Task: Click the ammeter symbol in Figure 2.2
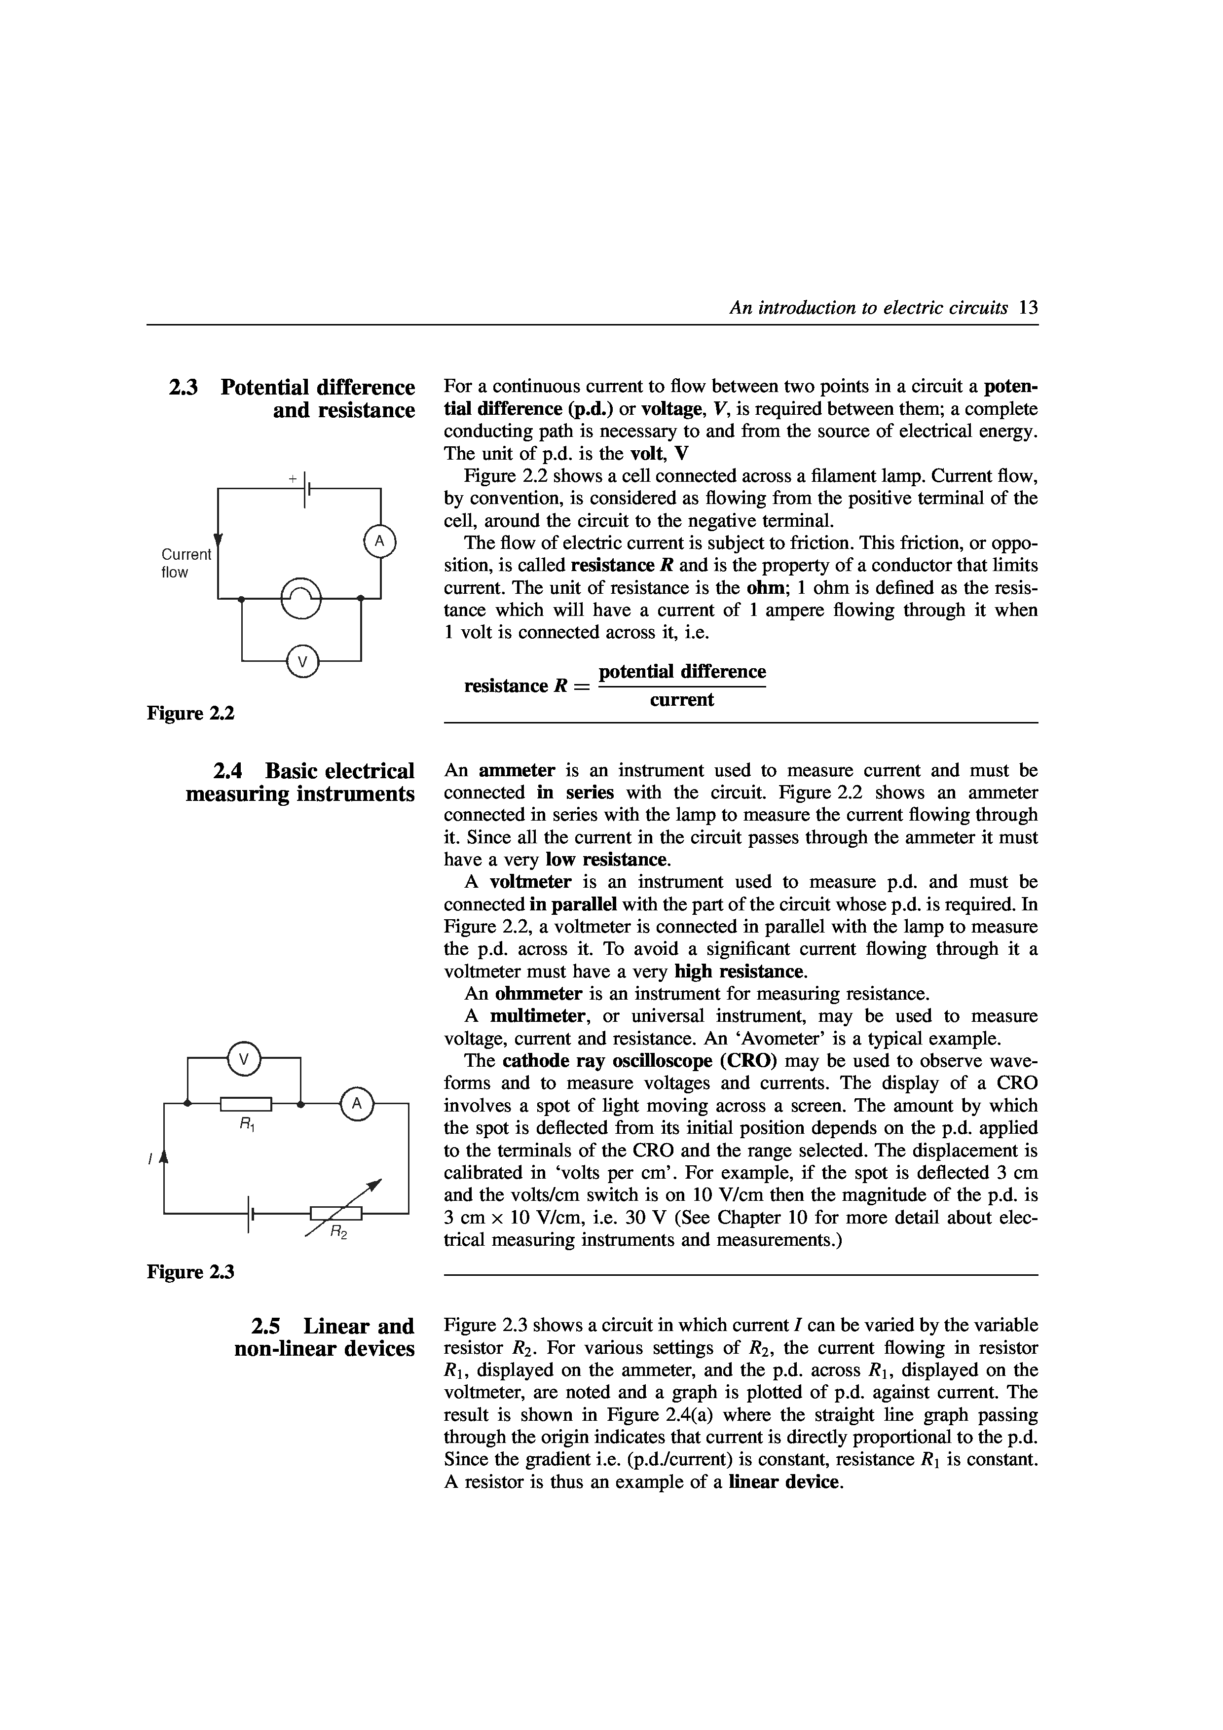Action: (x=380, y=541)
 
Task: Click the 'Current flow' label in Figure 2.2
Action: (x=186, y=563)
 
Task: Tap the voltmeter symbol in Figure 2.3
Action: (x=243, y=1059)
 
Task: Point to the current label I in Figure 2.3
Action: (x=151, y=1160)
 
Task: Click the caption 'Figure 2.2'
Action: (x=190, y=712)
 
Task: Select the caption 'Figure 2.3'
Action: (x=190, y=1272)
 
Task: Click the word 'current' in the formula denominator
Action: (x=681, y=700)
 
